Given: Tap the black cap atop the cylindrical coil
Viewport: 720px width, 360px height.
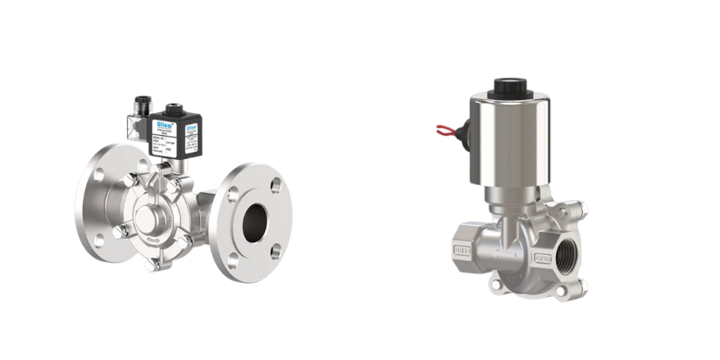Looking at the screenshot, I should point(510,87).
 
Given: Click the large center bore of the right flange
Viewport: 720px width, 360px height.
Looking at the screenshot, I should point(255,223).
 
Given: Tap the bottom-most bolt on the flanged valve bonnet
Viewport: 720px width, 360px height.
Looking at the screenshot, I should point(153,265).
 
